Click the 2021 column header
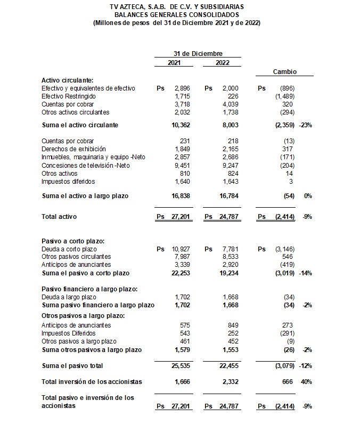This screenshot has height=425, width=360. click(174, 62)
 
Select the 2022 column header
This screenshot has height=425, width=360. click(223, 62)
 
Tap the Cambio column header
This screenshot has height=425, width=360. click(285, 71)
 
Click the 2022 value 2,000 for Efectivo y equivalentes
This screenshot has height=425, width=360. click(230, 88)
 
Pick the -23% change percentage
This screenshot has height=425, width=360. click(306, 125)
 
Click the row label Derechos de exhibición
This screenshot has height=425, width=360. click(73, 149)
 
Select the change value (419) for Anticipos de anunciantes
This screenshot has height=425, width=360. click(285, 265)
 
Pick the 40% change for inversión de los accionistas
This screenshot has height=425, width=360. click(306, 381)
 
